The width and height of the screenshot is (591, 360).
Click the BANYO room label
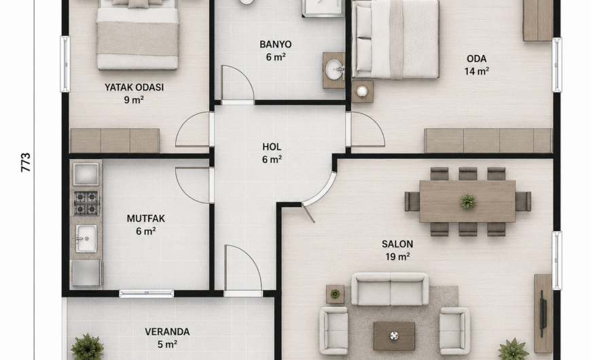[276, 44]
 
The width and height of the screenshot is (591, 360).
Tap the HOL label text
[272, 147]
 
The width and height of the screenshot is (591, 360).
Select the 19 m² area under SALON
[397, 257]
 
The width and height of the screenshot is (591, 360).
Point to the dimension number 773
[26, 162]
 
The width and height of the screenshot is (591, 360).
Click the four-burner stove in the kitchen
[86, 203]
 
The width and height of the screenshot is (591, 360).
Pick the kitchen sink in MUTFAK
[86, 238]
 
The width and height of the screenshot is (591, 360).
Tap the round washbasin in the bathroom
[335, 70]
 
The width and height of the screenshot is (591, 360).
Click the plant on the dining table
[468, 201]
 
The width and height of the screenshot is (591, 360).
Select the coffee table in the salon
[394, 336]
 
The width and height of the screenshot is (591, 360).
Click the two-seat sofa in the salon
[390, 289]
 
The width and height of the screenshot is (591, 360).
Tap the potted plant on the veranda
[88, 347]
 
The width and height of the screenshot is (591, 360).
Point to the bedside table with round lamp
[362, 91]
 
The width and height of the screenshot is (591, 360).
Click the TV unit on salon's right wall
[543, 313]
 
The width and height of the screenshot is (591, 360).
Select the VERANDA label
[167, 331]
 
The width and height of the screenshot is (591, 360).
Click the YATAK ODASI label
[135, 88]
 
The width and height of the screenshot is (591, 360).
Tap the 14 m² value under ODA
[477, 71]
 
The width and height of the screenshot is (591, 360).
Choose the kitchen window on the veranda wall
[147, 293]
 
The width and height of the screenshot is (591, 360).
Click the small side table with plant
[335, 294]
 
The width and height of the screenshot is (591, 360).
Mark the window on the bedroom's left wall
[65, 64]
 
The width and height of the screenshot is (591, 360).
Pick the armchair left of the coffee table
[334, 331]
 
